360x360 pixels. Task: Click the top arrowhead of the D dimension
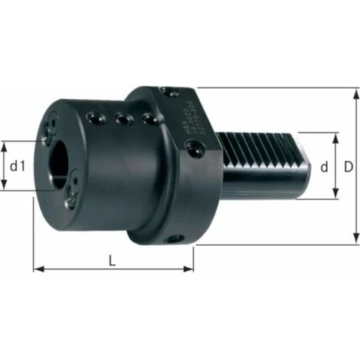click(356, 93)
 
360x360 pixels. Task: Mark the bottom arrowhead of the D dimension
click(356, 239)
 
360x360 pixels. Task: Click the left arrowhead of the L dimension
click(37, 269)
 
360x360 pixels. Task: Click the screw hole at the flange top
click(168, 91)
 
